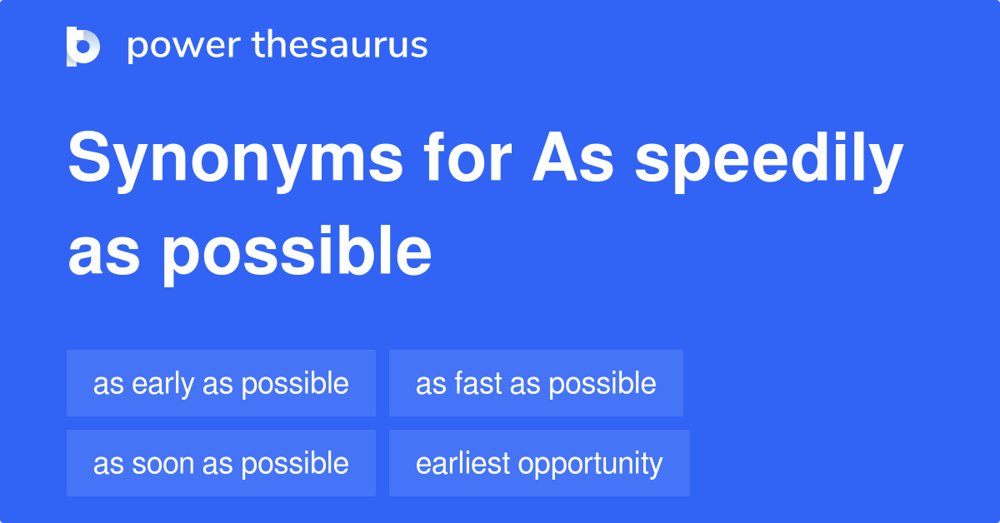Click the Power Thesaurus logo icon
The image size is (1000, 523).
click(x=83, y=46)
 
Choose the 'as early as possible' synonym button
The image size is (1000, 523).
click(x=221, y=383)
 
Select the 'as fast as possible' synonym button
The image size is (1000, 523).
click(x=536, y=383)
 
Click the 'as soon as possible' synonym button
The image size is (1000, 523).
click(x=221, y=463)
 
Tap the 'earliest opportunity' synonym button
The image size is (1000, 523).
click(x=539, y=463)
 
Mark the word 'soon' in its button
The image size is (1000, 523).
click(x=160, y=464)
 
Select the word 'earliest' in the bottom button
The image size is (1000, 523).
click(x=462, y=464)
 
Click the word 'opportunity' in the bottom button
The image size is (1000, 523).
click(x=591, y=464)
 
